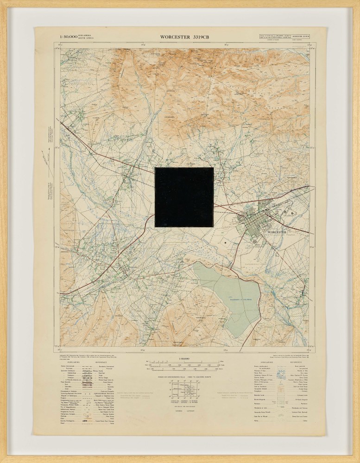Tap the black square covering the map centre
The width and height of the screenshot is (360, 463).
coord(184,197)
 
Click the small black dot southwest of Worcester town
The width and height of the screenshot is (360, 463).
coord(224,242)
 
